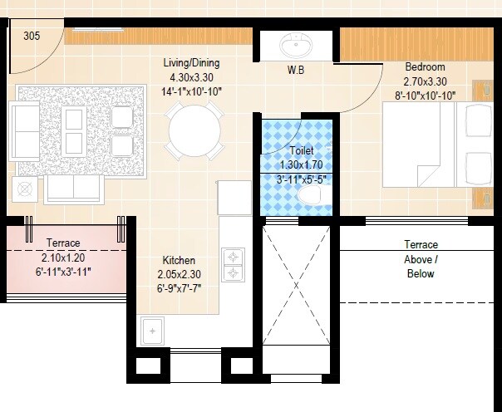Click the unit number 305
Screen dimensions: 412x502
[31, 36]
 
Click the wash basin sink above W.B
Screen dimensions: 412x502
[295, 44]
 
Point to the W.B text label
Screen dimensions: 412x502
[296, 71]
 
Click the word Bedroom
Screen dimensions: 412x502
[425, 67]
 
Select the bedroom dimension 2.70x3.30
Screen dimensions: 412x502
[425, 81]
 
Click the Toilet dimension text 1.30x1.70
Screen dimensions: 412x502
[303, 164]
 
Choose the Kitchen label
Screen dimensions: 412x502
[180, 260]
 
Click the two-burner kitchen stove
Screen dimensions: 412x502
[233, 264]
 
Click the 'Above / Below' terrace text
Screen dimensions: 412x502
[421, 266]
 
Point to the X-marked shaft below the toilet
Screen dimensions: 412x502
[297, 294]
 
